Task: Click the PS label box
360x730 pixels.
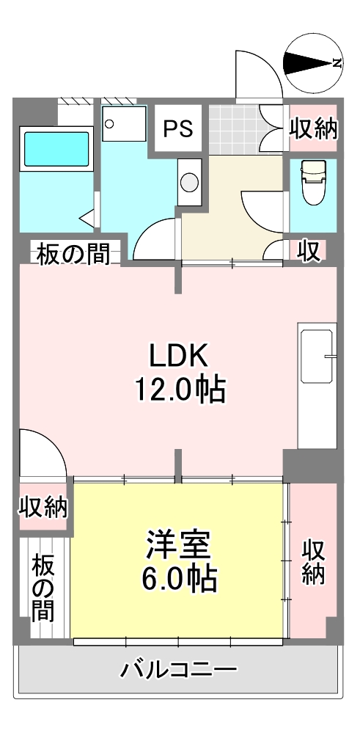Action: coord(178,128)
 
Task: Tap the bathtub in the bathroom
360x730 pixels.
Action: coord(56,149)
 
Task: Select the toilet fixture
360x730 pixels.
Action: coord(313,182)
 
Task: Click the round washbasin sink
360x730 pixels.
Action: coord(189,182)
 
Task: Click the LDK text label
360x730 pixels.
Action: coord(177,357)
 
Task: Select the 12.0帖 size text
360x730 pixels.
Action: coord(180,390)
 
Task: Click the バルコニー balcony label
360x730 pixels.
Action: coord(179,670)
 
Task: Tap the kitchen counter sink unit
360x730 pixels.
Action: coord(317,385)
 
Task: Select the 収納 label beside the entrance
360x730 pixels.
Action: coord(313,128)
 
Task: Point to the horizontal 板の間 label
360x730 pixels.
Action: coord(73,254)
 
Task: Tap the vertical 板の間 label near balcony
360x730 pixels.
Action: coord(43,588)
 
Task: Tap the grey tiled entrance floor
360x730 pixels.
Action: coord(233,129)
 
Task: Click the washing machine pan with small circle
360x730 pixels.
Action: coord(124,123)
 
